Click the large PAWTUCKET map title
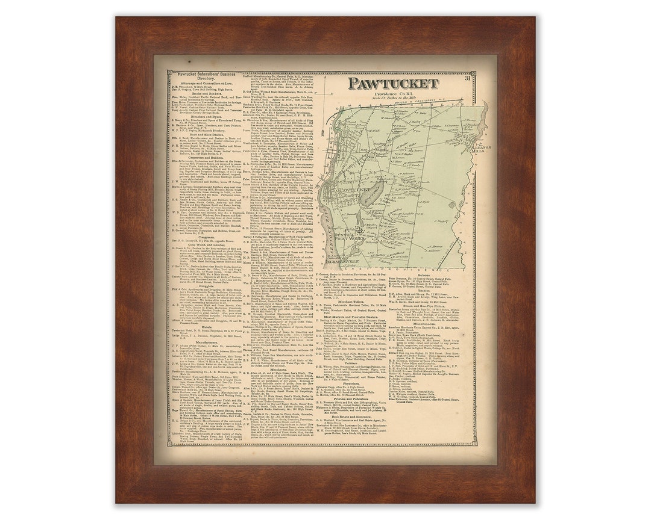pyautogui.click(x=392, y=83)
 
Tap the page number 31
pyautogui.click(x=467, y=78)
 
